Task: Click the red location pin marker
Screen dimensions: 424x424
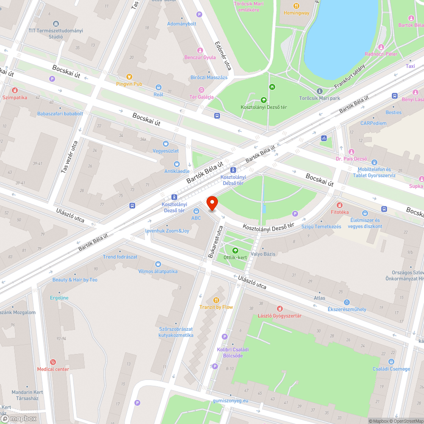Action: [212, 203]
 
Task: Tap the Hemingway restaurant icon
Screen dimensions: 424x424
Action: [296, 6]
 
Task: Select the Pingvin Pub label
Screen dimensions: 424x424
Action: [129, 84]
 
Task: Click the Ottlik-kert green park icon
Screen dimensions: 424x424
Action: [236, 250]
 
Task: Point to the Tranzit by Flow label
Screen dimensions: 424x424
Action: [216, 307]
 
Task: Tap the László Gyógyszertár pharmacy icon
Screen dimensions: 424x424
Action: [279, 309]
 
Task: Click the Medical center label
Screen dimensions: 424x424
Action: [53, 369]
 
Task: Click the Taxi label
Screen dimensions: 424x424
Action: [410, 66]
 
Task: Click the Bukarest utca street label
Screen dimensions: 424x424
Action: [215, 241]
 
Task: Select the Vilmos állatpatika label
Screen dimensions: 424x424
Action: [158, 271]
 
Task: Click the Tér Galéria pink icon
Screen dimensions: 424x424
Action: [201, 90]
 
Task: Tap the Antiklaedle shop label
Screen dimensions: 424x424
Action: [177, 171]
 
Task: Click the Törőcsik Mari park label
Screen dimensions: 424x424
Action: [320, 98]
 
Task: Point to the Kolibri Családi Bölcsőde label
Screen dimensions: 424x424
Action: [233, 352]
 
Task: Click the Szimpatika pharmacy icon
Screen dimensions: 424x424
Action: [14, 90]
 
